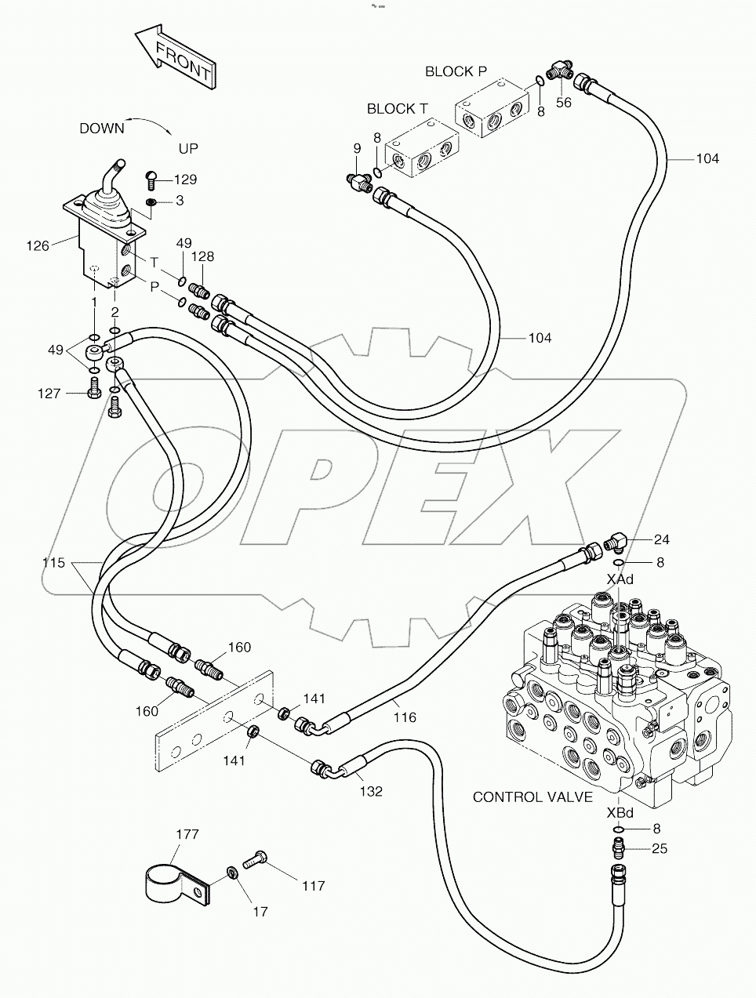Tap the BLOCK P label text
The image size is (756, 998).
pyautogui.click(x=455, y=71)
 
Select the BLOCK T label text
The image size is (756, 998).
pyautogui.click(x=397, y=109)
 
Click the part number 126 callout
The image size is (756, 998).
pyautogui.click(x=37, y=246)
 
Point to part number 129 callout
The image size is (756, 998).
pyautogui.click(x=185, y=180)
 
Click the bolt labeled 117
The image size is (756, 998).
pyautogui.click(x=256, y=861)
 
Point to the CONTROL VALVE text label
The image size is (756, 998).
pyautogui.click(x=532, y=797)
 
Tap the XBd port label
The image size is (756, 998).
pyautogui.click(x=620, y=813)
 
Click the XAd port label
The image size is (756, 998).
pyautogui.click(x=620, y=579)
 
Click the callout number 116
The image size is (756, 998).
pyautogui.click(x=405, y=717)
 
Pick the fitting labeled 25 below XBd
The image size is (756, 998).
pyautogui.click(x=619, y=849)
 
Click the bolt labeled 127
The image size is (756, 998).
pyautogui.click(x=93, y=387)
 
